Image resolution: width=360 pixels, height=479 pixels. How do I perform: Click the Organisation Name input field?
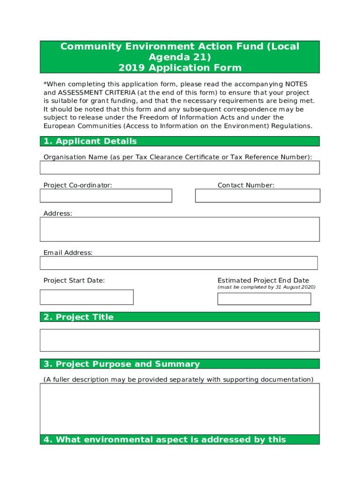(180, 167)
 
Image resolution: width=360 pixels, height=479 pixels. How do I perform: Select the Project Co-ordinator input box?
(106, 196)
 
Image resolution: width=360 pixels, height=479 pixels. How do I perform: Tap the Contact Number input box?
(257, 196)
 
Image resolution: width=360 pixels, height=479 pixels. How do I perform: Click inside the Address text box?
(180, 229)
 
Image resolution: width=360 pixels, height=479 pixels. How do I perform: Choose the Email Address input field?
(179, 263)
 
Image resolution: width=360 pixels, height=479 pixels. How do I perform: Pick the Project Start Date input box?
(86, 297)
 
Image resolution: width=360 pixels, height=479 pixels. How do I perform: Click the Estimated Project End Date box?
(264, 299)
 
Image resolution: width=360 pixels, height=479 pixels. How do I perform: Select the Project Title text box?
(180, 340)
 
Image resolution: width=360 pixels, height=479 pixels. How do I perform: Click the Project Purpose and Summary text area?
(180, 409)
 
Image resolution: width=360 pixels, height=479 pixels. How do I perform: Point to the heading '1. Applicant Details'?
(90, 141)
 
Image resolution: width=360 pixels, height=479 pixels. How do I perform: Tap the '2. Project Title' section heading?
(79, 317)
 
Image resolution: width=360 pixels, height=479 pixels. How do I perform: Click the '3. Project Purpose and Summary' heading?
(122, 364)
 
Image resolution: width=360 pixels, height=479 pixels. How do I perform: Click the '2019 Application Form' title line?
(180, 68)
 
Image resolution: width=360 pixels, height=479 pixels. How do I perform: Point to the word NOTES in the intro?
(296, 84)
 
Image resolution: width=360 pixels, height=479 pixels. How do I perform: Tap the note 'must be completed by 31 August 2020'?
(266, 287)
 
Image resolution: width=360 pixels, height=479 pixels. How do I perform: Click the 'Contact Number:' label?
(246, 185)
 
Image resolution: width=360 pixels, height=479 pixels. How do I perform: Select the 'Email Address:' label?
(68, 253)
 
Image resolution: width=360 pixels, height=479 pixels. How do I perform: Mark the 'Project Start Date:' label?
(74, 281)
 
